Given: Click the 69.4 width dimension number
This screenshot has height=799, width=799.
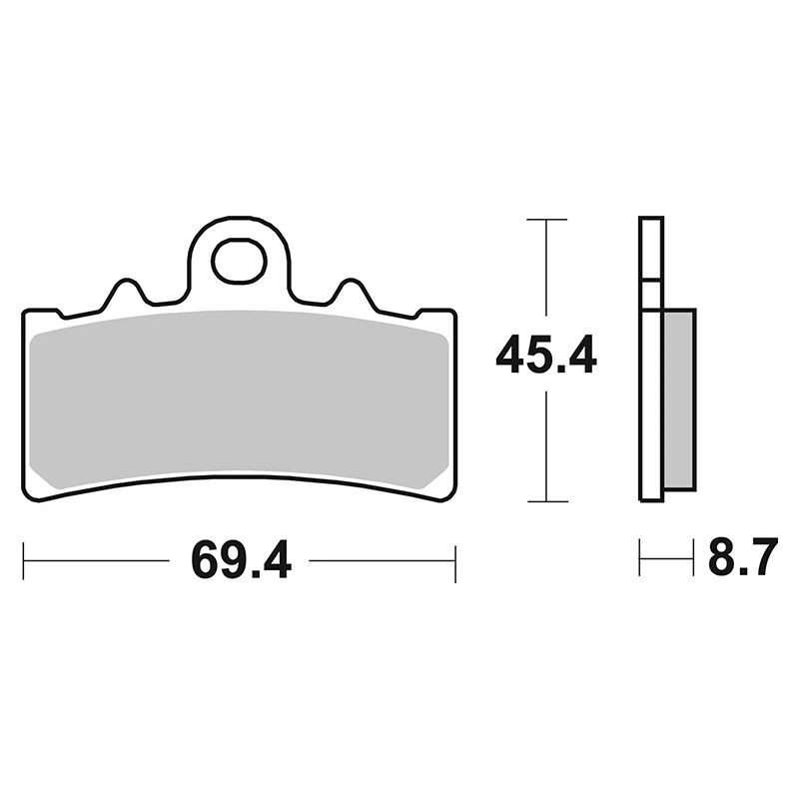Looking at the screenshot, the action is [241, 561].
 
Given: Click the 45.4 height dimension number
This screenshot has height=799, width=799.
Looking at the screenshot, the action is [546, 355].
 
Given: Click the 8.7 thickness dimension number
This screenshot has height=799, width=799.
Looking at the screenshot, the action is [743, 556].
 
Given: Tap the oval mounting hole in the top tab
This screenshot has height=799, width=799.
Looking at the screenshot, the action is [240, 263].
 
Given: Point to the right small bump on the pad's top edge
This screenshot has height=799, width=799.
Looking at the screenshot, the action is [351, 292].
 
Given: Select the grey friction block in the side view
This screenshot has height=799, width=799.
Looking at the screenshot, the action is [678, 400].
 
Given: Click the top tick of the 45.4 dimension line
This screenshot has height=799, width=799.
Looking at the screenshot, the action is [546, 220].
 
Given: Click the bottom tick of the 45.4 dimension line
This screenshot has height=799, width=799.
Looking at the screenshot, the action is [547, 501].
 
